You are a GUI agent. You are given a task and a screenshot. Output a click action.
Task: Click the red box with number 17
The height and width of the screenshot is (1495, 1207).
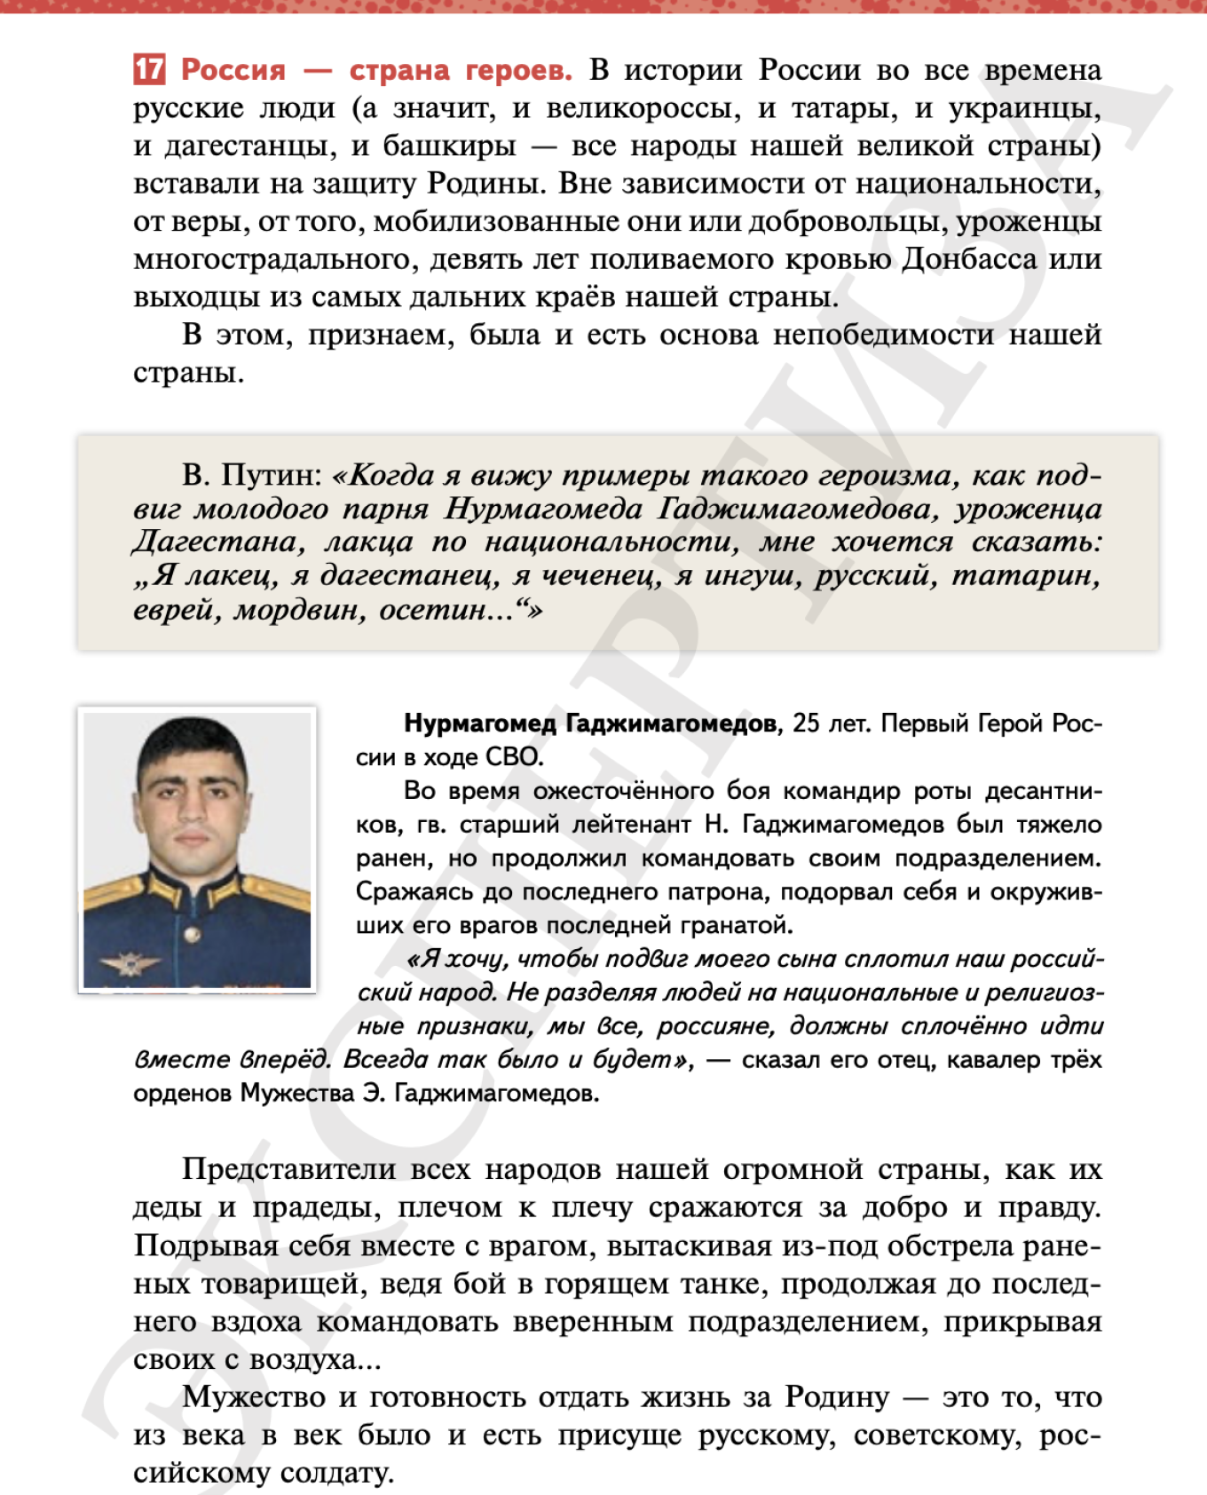click(149, 69)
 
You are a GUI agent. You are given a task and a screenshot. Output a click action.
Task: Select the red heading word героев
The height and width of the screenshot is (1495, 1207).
click(518, 70)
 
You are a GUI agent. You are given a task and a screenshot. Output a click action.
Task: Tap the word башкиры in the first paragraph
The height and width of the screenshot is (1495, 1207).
click(449, 146)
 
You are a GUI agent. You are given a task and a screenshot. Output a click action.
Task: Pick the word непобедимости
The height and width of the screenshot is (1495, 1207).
click(884, 335)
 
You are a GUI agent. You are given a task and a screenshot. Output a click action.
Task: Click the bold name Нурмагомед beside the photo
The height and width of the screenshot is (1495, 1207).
click(480, 724)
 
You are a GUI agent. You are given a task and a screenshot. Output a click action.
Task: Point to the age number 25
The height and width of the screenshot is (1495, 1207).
click(806, 724)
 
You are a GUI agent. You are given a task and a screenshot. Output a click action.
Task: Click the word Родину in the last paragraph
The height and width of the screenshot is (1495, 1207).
click(836, 1397)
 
